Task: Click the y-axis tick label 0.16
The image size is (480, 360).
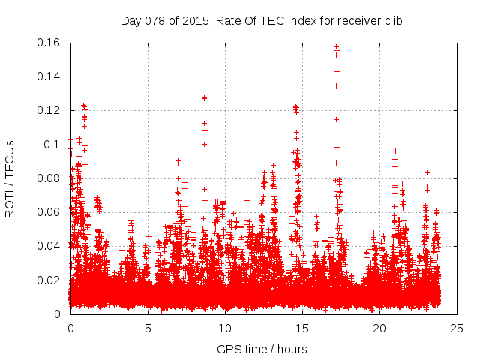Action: pyautogui.click(x=52, y=43)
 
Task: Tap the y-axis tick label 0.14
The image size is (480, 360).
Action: pyautogui.click(x=52, y=76)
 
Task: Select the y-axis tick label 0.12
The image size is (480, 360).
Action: pyautogui.click(x=52, y=110)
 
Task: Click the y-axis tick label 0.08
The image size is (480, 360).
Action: pyautogui.click(x=52, y=178)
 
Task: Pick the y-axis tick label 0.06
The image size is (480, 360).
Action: pyautogui.click(x=52, y=212)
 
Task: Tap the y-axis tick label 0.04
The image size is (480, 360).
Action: pyautogui.click(x=52, y=246)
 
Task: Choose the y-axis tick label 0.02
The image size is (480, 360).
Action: pyautogui.click(x=52, y=280)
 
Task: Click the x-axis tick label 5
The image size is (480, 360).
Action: pyautogui.click(x=148, y=328)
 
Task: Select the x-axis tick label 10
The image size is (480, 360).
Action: pyautogui.click(x=225, y=328)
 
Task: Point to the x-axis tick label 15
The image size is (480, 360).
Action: pyautogui.click(x=302, y=328)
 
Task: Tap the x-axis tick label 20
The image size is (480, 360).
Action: pyautogui.click(x=379, y=328)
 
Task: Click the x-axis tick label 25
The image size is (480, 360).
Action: pyautogui.click(x=457, y=328)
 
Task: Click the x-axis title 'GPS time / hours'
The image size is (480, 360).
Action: pyautogui.click(x=262, y=349)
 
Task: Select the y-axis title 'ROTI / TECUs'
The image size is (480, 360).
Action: pyautogui.click(x=10, y=178)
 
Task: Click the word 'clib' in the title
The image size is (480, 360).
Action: pyautogui.click(x=392, y=20)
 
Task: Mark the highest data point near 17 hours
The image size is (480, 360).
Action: pyautogui.click(x=337, y=46)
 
